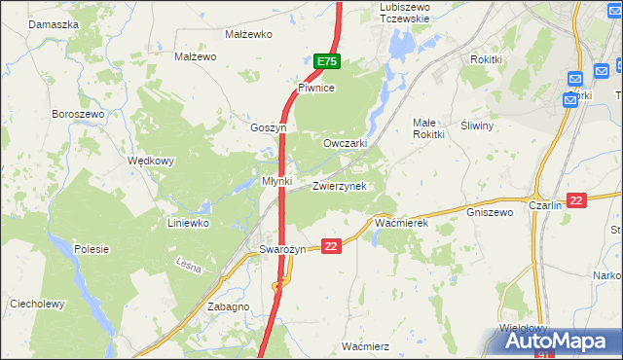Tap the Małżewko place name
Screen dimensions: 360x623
[x=248, y=34]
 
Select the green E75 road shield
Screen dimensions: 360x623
[x=327, y=61]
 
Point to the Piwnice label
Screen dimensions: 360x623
[x=316, y=88]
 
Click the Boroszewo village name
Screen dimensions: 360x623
[x=78, y=114]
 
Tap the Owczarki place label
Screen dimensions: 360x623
[x=345, y=142]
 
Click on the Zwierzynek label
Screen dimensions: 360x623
[x=339, y=186]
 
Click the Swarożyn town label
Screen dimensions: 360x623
[x=283, y=249]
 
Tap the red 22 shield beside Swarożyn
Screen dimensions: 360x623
[x=332, y=247]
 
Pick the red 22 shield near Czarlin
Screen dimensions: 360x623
[x=577, y=200]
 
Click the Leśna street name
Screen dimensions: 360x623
[x=188, y=265]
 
